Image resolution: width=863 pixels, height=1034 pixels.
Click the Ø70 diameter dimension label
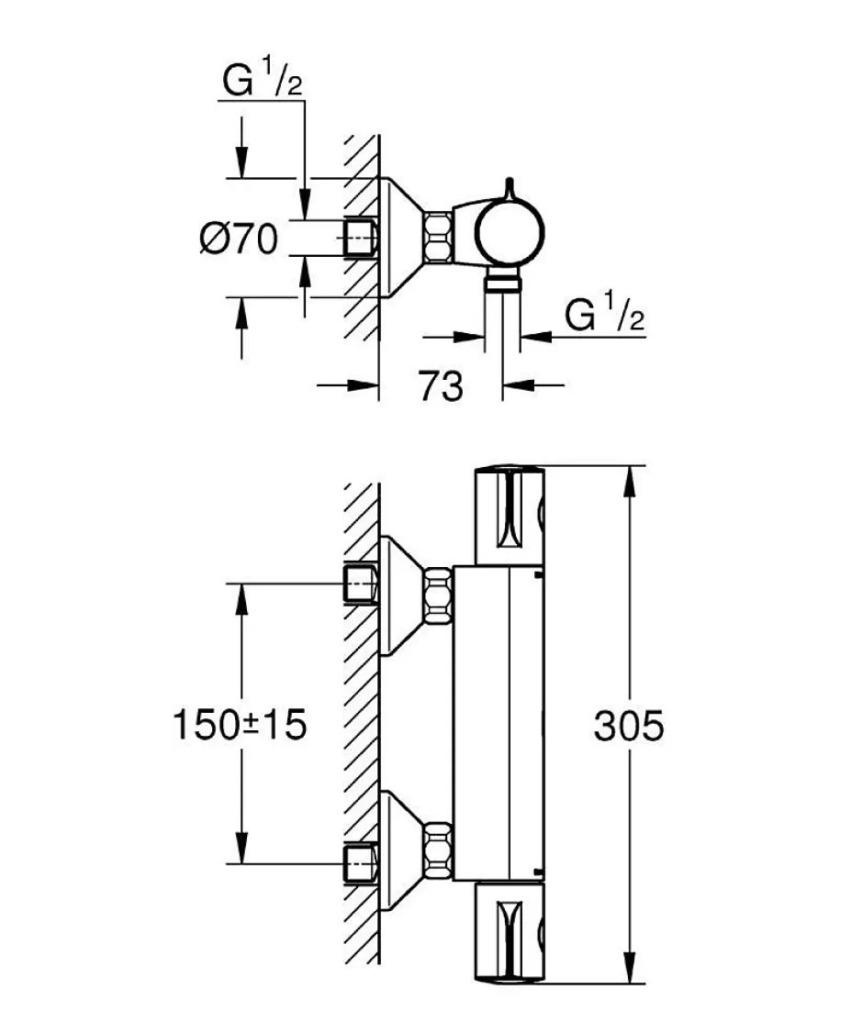pyautogui.click(x=239, y=238)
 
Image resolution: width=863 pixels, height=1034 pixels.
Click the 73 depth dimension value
pyautogui.click(x=440, y=385)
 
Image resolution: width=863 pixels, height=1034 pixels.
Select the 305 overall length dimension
pyautogui.click(x=628, y=726)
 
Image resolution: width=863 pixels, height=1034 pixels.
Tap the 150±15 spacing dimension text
pyautogui.click(x=240, y=724)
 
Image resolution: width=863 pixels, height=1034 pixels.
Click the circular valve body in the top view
pyautogui.click(x=510, y=233)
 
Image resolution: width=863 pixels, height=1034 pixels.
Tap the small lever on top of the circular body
pyautogui.click(x=509, y=189)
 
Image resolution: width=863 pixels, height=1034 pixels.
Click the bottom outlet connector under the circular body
pyautogui.click(x=502, y=283)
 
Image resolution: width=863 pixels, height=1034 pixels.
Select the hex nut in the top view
pyautogui.click(x=437, y=237)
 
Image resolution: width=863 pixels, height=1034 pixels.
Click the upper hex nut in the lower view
pyautogui.click(x=438, y=598)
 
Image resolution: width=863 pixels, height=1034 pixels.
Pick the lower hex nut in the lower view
pyautogui.click(x=438, y=850)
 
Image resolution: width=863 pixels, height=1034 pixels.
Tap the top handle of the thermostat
pyautogui.click(x=510, y=517)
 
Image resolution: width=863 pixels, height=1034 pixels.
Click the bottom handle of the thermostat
pyautogui.click(x=510, y=931)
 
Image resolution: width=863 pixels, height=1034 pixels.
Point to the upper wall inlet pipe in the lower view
pyautogui.click(x=360, y=584)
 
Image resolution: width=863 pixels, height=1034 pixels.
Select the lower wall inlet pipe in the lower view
pyautogui.click(x=360, y=862)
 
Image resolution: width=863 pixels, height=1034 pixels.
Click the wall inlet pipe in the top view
pyautogui.click(x=360, y=237)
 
